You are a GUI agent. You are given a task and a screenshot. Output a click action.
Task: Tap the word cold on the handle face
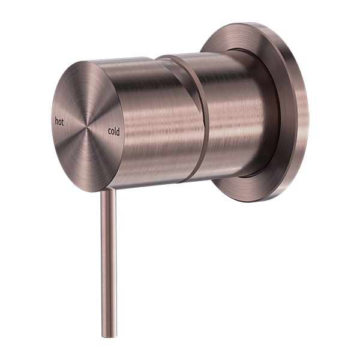pos(114,131)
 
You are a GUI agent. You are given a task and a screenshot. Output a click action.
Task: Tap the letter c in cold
pos(110,130)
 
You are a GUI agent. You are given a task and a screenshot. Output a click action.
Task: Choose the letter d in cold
pos(119,132)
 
